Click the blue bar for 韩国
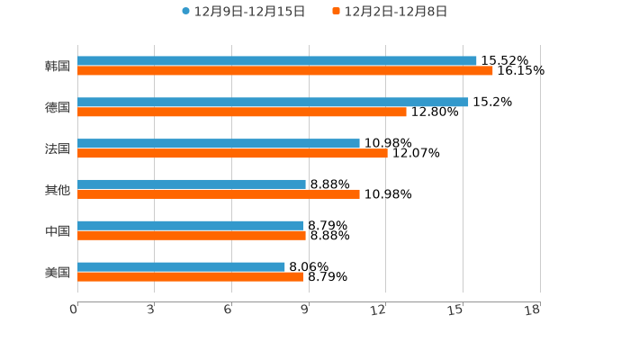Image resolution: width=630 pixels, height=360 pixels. pyautogui.click(x=277, y=61)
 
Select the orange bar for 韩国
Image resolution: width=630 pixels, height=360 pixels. pyautogui.click(x=285, y=71)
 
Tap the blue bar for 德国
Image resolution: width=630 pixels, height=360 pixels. pyautogui.click(x=273, y=103)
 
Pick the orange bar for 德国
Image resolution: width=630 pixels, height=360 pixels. pyautogui.click(x=242, y=112)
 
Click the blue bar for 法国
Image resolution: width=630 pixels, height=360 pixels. pyautogui.click(x=219, y=143)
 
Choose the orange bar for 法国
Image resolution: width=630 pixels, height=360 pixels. pyautogui.click(x=232, y=153)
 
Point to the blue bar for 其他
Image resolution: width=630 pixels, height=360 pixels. pyautogui.click(x=192, y=184)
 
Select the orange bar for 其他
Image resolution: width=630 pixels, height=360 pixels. pyautogui.click(x=219, y=194)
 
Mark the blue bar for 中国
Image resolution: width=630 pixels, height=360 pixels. pyautogui.click(x=191, y=226)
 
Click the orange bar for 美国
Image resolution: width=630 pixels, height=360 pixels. pyautogui.click(x=191, y=277)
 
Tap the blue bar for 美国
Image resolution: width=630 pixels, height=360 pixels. pyautogui.click(x=181, y=266)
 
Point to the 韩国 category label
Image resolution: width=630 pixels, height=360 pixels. pyautogui.click(x=58, y=67)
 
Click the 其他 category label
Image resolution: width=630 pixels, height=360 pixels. pyautogui.click(x=58, y=190)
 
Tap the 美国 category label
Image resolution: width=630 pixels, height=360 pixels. pyautogui.click(x=58, y=272)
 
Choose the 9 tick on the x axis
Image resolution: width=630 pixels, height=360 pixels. pyautogui.click(x=305, y=310)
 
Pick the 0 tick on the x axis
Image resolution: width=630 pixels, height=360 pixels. pyautogui.click(x=75, y=310)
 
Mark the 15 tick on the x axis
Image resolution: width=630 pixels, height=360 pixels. pyautogui.click(x=456, y=310)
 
